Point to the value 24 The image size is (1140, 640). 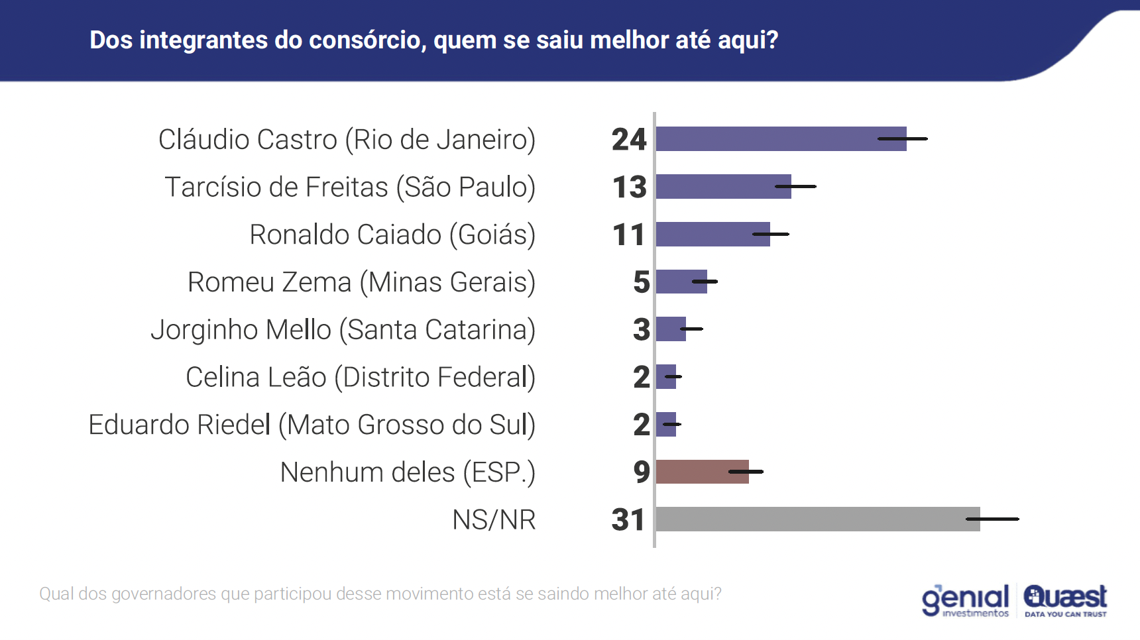[628, 140]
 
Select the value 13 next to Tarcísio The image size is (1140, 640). [629, 187]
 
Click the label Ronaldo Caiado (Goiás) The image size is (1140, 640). [392, 235]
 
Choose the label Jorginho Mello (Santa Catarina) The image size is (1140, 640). [343, 330]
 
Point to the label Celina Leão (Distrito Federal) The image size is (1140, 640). [360, 378]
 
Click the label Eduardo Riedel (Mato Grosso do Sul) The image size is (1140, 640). [312, 425]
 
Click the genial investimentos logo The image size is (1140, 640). [965, 600]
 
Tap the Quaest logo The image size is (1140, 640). [1065, 600]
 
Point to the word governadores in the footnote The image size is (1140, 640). [164, 594]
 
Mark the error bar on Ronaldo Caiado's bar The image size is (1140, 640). [771, 234]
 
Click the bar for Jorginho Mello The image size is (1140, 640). [669, 329]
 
